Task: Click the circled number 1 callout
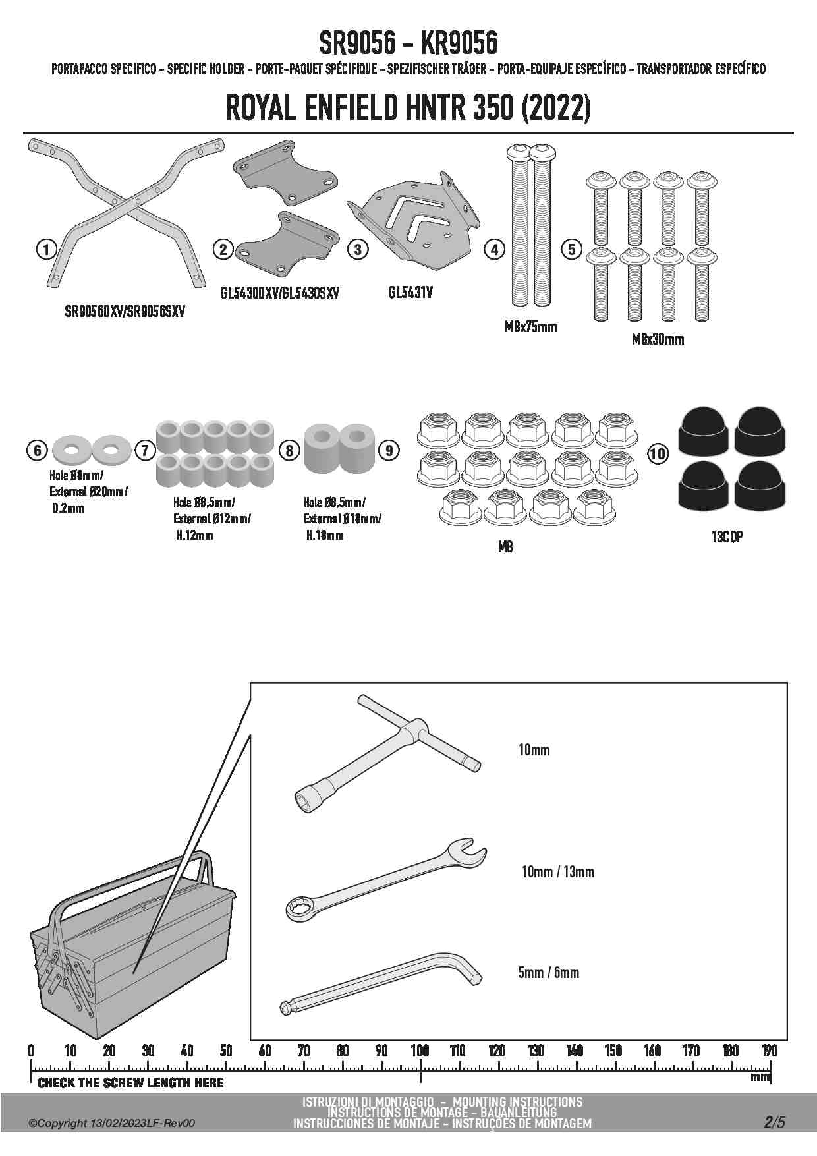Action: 46,249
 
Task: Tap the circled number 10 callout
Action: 658,453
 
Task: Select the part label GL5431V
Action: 410,293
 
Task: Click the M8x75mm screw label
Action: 530,327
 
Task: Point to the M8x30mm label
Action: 658,339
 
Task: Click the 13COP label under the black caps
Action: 727,537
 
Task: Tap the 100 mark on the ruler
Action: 420,1051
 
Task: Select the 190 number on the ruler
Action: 769,1051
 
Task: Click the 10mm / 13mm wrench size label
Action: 557,872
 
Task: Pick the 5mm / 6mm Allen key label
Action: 548,973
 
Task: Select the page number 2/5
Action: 774,1122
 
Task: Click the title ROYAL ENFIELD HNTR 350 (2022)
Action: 408,109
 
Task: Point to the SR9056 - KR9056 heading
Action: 408,44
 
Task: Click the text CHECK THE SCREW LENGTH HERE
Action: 130,1083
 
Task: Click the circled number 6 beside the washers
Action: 38,450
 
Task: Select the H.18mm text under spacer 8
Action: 324,536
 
